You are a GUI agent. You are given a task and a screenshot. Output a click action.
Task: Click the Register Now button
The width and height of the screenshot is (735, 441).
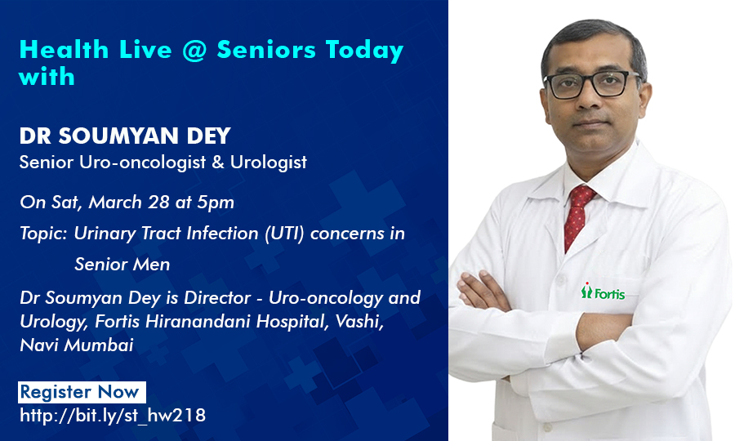tap(82, 392)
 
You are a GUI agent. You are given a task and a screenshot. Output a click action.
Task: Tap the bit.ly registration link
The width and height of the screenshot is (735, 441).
tap(113, 416)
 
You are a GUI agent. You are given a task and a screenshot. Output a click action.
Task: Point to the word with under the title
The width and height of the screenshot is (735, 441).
tap(47, 77)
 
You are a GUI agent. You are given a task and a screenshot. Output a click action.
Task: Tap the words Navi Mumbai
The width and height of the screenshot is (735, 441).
tap(76, 345)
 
